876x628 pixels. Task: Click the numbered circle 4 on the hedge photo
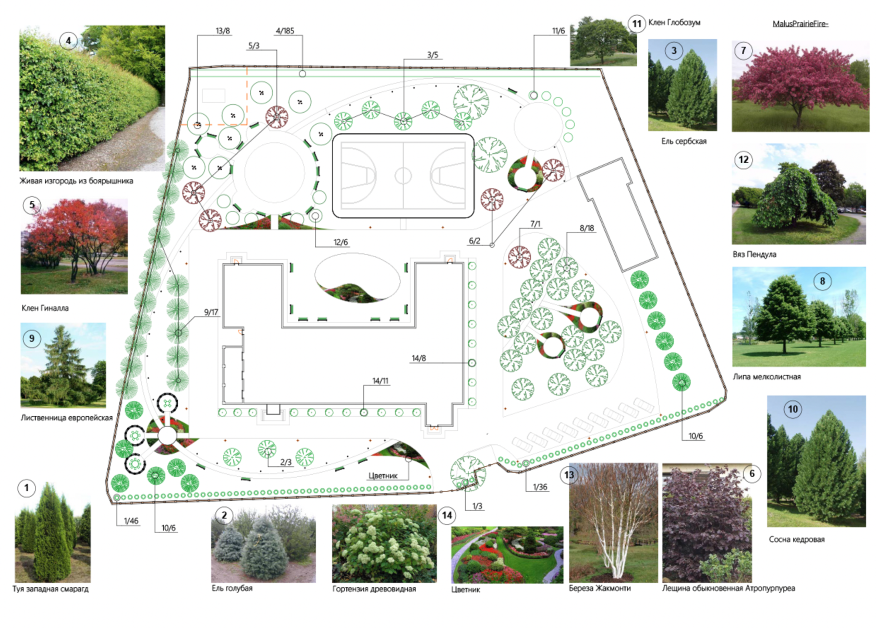(x=68, y=41)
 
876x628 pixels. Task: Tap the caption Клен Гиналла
(x=45, y=308)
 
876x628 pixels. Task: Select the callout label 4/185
(x=285, y=31)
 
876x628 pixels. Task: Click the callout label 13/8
(x=223, y=31)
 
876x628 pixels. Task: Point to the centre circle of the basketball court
(x=403, y=176)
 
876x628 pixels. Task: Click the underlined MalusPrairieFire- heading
(x=800, y=24)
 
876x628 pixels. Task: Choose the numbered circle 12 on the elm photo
(x=744, y=160)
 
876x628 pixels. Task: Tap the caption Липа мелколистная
(x=766, y=377)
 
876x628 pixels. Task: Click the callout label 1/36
(x=540, y=487)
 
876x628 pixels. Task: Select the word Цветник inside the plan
(x=383, y=476)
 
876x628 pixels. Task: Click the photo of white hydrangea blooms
(x=384, y=544)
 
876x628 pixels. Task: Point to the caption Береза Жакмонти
(x=600, y=588)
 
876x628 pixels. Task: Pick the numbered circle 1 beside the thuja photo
(x=27, y=488)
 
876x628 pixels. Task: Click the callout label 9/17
(x=211, y=312)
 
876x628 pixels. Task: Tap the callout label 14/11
(x=380, y=381)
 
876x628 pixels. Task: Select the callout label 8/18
(x=587, y=228)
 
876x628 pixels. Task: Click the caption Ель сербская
(x=684, y=141)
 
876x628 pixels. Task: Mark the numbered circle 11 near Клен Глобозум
(x=637, y=24)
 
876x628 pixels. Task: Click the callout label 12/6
(x=340, y=243)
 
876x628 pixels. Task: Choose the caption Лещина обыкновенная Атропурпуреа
(x=728, y=588)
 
